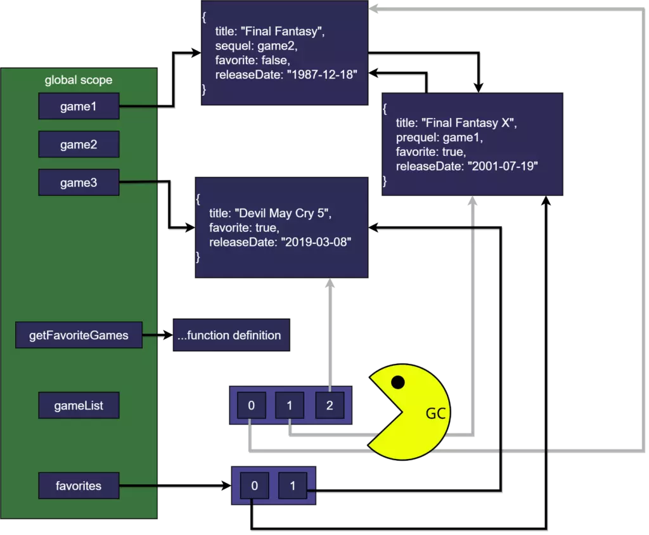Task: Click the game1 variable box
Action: tap(79, 106)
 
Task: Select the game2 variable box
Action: tap(79, 145)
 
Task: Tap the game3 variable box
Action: tap(79, 183)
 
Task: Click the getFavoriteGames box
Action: tap(79, 335)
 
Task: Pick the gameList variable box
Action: tap(79, 406)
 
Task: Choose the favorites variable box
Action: tap(79, 486)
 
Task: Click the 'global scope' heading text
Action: tap(79, 81)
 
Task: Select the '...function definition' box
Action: tap(231, 335)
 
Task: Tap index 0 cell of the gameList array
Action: tap(252, 406)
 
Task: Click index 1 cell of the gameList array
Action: tap(290, 406)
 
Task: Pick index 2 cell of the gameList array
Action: tap(330, 406)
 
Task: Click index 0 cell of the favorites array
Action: tap(254, 486)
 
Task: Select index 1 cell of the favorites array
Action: tap(292, 486)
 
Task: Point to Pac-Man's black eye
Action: tap(398, 382)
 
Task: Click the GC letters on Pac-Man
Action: tap(436, 414)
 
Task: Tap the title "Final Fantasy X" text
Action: tap(456, 123)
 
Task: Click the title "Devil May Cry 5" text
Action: tap(270, 213)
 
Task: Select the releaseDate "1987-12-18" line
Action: tap(286, 75)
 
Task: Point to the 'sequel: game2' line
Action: tap(257, 46)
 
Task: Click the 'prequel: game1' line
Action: tap(439, 138)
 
